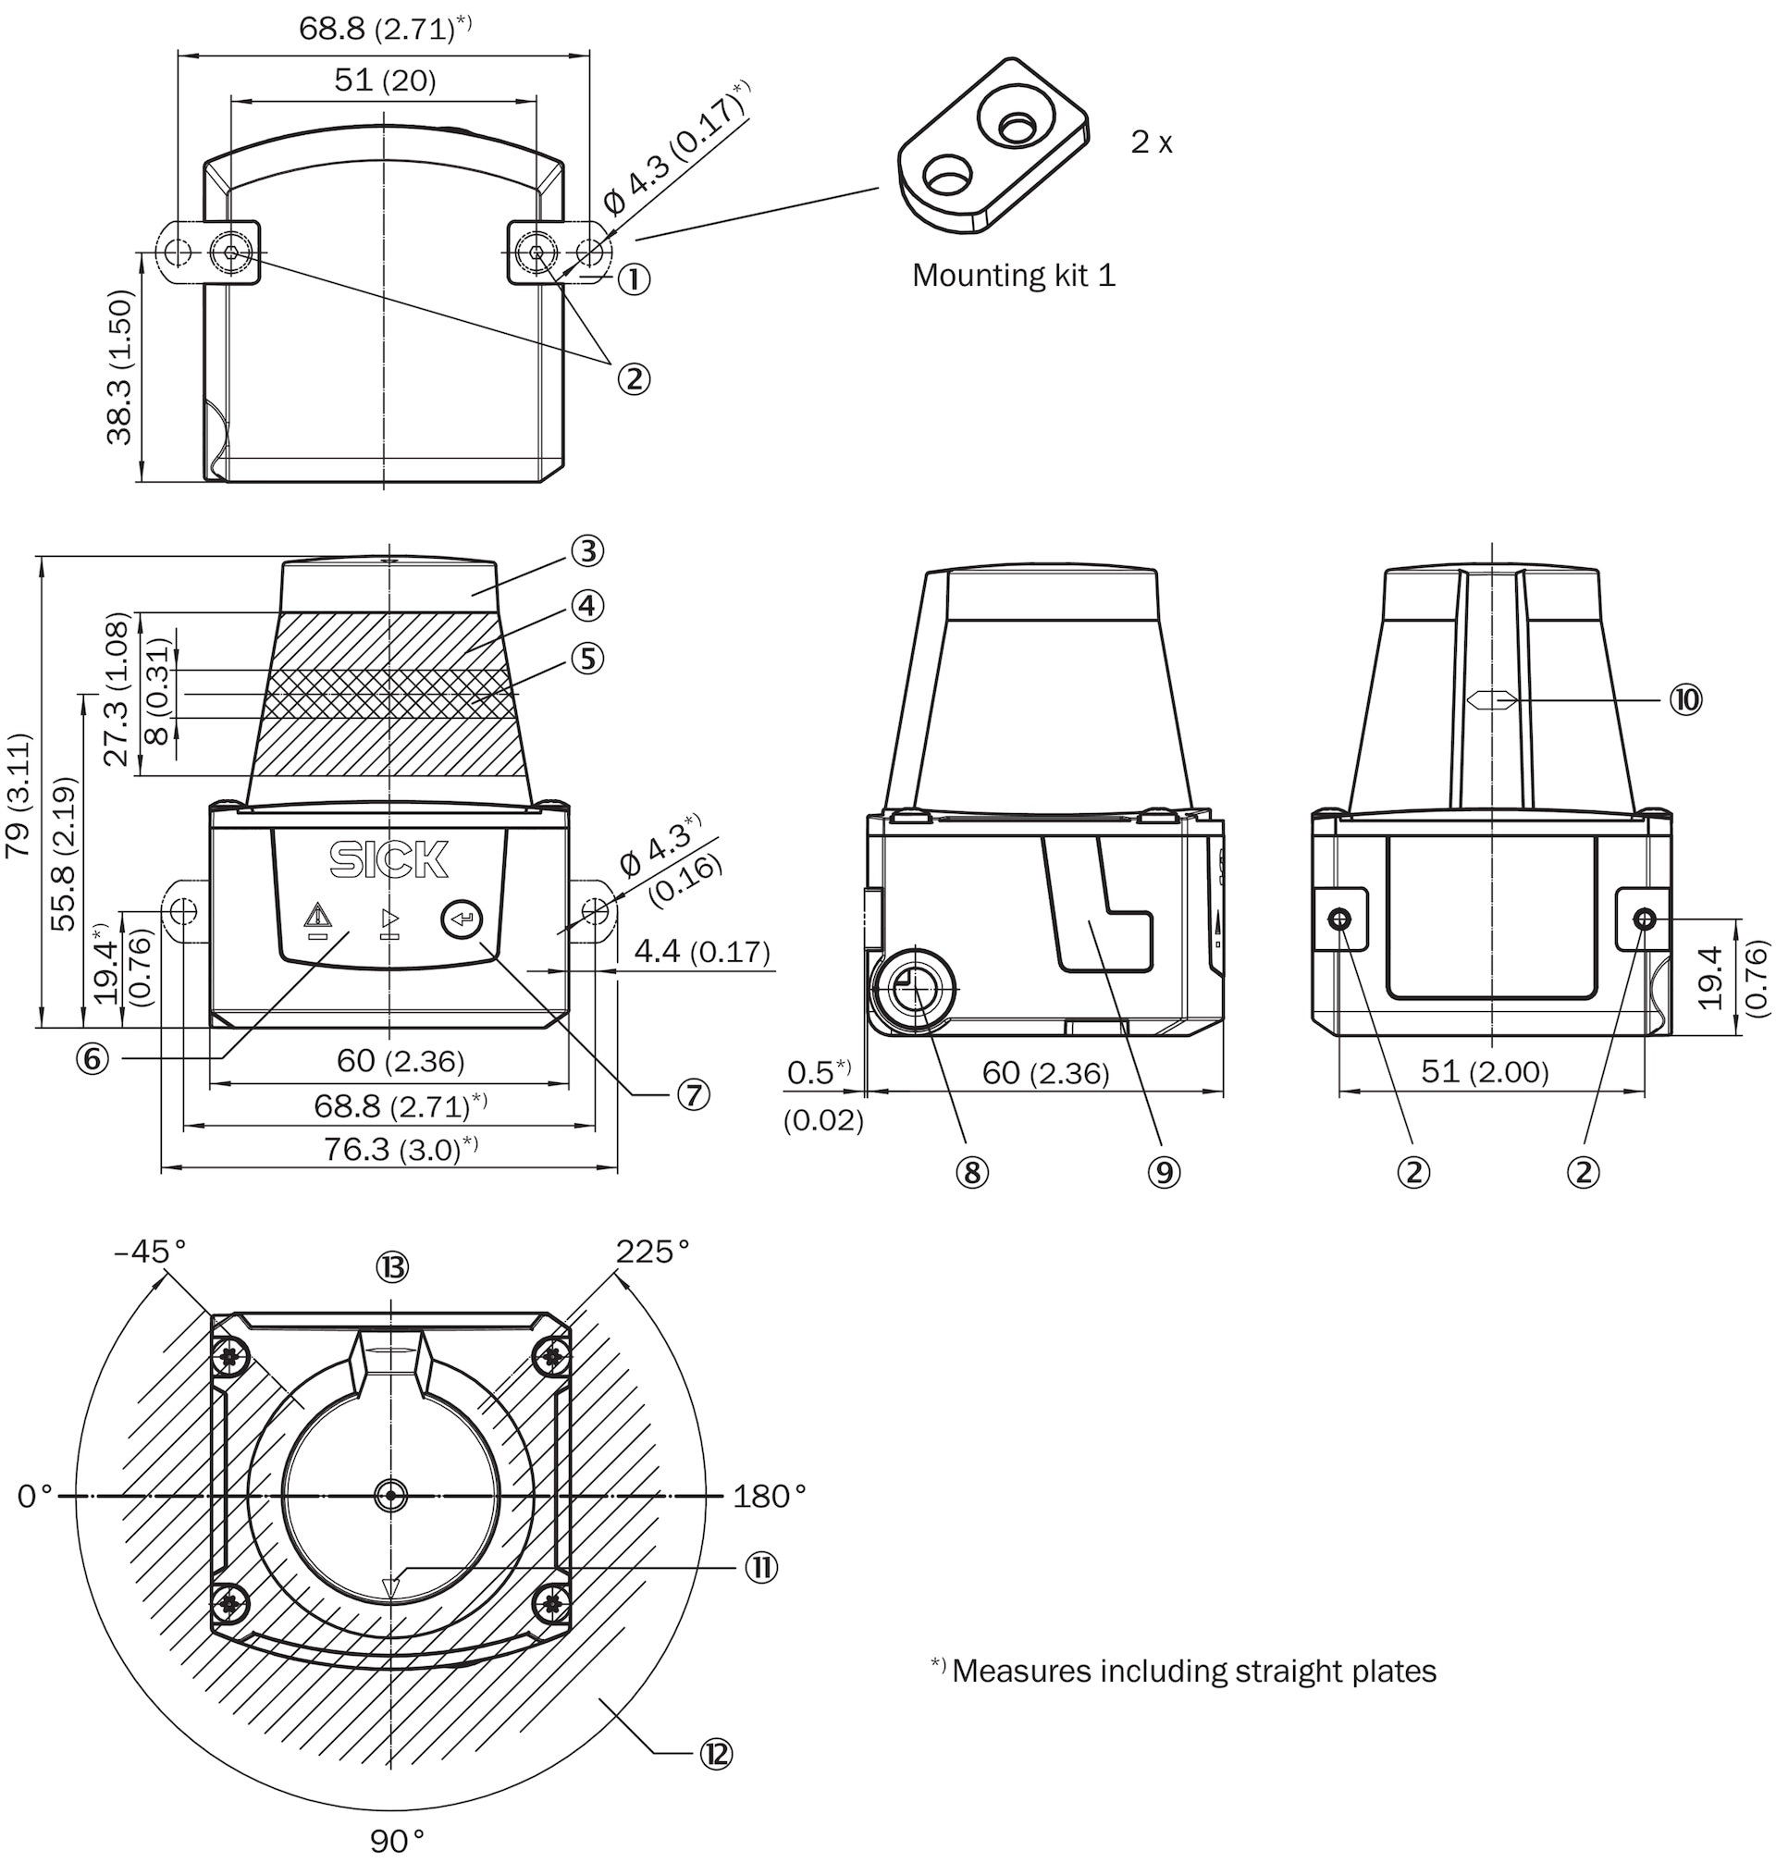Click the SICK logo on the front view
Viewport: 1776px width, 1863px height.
click(x=389, y=859)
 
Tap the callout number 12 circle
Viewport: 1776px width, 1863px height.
click(x=717, y=1754)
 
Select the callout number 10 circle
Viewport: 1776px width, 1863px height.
click(x=1686, y=699)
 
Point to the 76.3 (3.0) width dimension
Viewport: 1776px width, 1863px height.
click(x=400, y=1149)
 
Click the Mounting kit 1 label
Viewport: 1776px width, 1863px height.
click(x=1014, y=276)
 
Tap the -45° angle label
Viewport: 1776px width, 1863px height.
click(x=151, y=1252)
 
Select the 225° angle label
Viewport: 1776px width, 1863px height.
click(x=652, y=1252)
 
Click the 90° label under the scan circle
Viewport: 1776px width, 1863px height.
click(x=397, y=1840)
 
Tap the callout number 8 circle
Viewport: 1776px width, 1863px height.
click(x=972, y=1173)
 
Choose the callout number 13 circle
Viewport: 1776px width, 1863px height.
click(x=392, y=1266)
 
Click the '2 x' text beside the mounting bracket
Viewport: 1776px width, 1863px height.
click(x=1152, y=143)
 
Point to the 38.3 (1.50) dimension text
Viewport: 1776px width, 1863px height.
click(x=121, y=367)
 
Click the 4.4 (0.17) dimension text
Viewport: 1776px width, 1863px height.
click(x=701, y=951)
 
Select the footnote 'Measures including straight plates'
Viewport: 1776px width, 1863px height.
click(x=1183, y=1671)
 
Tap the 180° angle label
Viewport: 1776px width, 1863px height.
click(x=769, y=1497)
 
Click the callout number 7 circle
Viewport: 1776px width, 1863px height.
click(x=693, y=1095)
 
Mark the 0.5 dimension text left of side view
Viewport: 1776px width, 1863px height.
click(x=818, y=1071)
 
